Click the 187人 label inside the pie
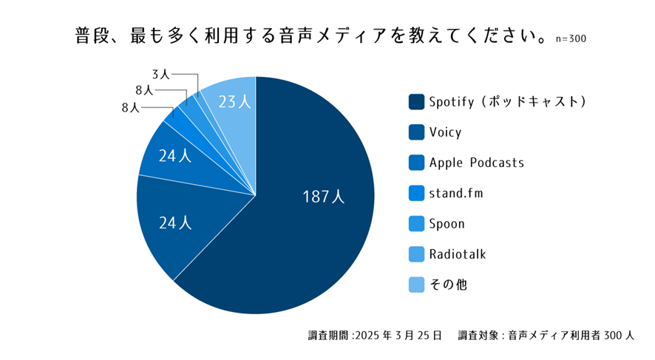(323, 197)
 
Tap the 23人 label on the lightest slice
(235, 103)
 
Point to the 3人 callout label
(160, 74)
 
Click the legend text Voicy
(445, 132)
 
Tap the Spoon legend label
(447, 224)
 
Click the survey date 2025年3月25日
(398, 335)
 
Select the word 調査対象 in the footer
(478, 335)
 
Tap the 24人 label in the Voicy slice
(175, 222)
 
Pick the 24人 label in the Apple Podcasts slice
(175, 156)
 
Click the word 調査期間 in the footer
(328, 335)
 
